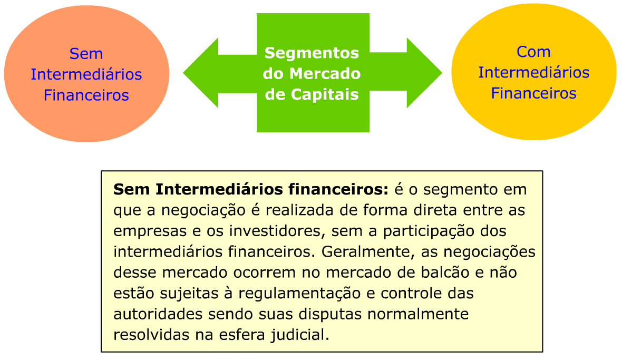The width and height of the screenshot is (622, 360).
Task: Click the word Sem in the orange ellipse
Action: (86, 54)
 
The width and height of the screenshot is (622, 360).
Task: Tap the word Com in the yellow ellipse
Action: (533, 52)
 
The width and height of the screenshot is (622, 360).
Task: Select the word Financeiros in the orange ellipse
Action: (86, 95)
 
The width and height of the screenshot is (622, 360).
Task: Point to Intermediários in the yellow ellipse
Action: (533, 72)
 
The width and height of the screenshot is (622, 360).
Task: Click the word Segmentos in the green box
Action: (312, 53)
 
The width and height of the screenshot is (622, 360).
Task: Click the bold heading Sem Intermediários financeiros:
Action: (250, 189)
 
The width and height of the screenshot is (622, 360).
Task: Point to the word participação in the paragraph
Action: (422, 231)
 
